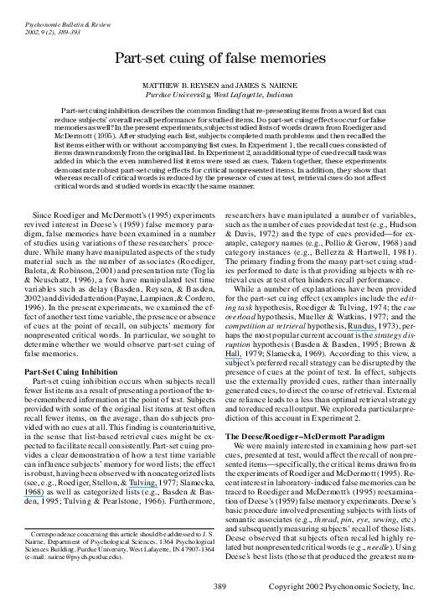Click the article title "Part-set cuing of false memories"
click(x=219, y=58)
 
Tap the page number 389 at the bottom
click(x=219, y=585)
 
